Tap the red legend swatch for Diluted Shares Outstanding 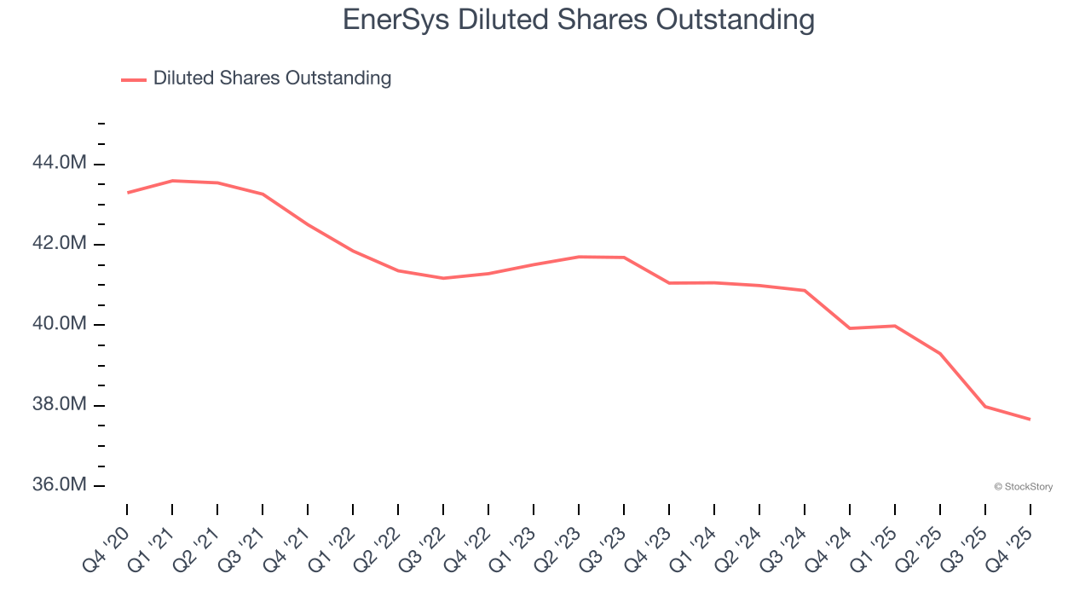(134, 79)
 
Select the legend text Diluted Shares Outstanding (272, 78)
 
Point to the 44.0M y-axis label (59, 162)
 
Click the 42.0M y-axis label (59, 243)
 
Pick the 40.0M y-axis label (59, 323)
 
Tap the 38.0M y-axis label (59, 404)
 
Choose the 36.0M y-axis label (59, 484)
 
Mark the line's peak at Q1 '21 (172, 181)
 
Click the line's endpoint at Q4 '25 (1030, 419)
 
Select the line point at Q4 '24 (850, 328)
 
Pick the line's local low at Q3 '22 (443, 278)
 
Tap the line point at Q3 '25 (985, 407)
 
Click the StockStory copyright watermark (1023, 487)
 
